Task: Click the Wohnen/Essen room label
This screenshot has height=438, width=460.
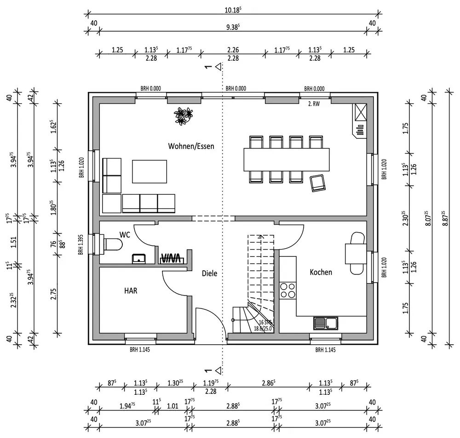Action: pyautogui.click(x=191, y=146)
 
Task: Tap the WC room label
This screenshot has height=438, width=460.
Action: pyautogui.click(x=125, y=234)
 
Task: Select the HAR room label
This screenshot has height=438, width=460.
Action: pyautogui.click(x=131, y=290)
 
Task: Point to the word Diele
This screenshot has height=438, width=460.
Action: pyautogui.click(x=209, y=273)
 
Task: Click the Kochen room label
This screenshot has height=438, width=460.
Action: pyautogui.click(x=321, y=272)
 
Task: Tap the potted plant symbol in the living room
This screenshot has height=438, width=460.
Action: pyautogui.click(x=184, y=116)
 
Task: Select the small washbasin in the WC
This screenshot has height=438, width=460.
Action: pyautogui.click(x=139, y=259)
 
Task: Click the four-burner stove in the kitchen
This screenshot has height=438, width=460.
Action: pyautogui.click(x=288, y=290)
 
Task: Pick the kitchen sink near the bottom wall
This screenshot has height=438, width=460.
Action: pyautogui.click(x=326, y=323)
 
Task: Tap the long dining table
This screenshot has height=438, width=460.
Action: pyautogui.click(x=286, y=159)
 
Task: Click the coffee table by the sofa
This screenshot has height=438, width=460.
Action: pyautogui.click(x=149, y=171)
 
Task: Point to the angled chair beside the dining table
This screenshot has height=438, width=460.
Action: pyautogui.click(x=318, y=183)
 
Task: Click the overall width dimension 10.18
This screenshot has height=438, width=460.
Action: pyautogui.click(x=233, y=10)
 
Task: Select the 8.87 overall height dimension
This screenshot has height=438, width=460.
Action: pyautogui.click(x=445, y=218)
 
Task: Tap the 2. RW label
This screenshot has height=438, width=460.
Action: pyautogui.click(x=314, y=103)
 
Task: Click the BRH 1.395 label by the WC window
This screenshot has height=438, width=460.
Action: pyautogui.click(x=81, y=244)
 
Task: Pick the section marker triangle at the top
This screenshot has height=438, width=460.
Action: pyautogui.click(x=218, y=67)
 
